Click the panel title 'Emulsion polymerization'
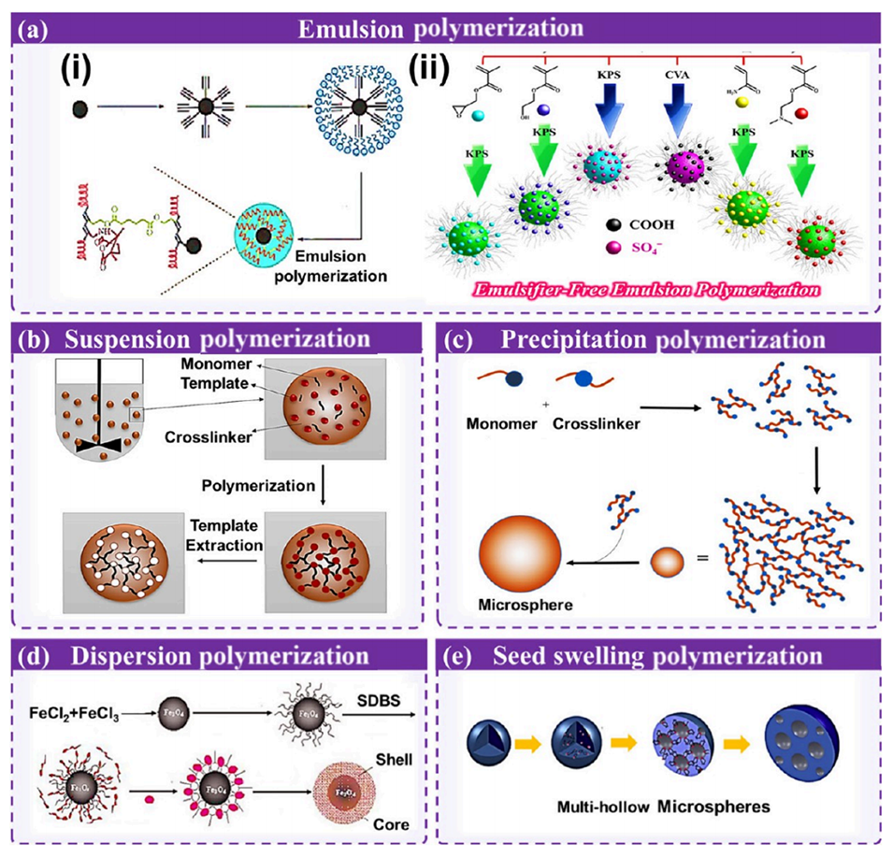pyautogui.click(x=447, y=27)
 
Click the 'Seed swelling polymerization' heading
pyautogui.click(x=655, y=656)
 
